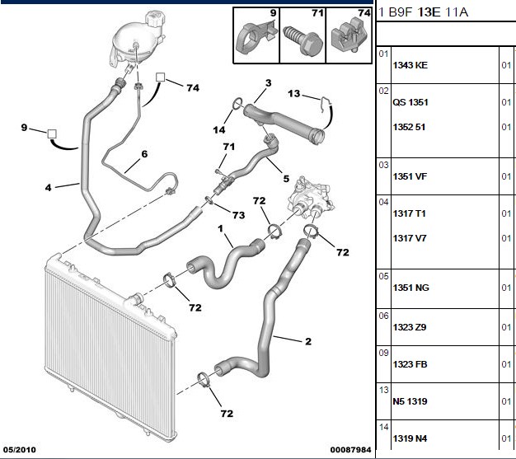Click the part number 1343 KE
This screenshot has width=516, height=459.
(410, 65)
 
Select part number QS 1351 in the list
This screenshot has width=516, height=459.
(410, 102)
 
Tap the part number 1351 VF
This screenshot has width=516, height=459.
(410, 176)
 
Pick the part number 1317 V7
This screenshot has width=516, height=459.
(410, 238)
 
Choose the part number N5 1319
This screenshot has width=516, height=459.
(410, 401)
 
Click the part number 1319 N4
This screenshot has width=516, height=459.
(410, 438)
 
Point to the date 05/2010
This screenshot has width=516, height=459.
(20, 450)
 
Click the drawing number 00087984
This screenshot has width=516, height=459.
(351, 450)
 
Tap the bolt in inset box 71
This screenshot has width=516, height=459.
(303, 40)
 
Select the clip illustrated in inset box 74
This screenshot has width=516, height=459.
(349, 35)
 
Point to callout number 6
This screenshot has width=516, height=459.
(144, 154)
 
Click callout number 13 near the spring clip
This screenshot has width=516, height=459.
(294, 94)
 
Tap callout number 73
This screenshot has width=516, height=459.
(238, 215)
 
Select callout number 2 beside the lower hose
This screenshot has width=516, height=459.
(308, 341)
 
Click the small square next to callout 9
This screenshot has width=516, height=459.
(52, 134)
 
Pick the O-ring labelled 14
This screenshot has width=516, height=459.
(237, 104)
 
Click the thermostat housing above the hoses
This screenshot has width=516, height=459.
(311, 199)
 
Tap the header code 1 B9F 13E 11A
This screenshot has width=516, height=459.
(423, 12)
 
